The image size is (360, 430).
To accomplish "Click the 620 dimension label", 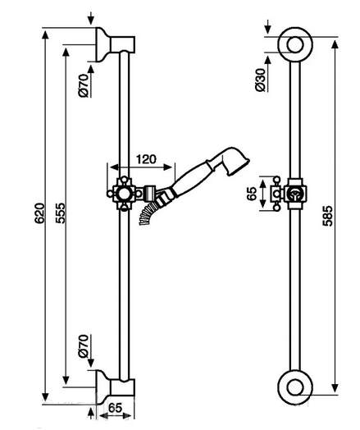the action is tap(39, 213).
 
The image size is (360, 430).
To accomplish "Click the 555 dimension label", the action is tap(61, 213).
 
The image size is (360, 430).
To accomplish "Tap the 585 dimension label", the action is tap(327, 216).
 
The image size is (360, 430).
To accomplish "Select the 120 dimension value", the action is tap(146, 159).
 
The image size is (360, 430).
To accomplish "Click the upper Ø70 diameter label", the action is tap(84, 85).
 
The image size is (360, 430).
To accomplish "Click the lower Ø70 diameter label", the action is tap(84, 346).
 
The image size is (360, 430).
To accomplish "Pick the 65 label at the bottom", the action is tap(115, 408).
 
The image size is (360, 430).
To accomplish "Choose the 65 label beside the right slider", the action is tap(252, 194).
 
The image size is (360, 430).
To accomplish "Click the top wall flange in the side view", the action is tap(115, 44).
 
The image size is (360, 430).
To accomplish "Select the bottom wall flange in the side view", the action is tap(115, 387).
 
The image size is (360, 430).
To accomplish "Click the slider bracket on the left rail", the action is tap(125, 194).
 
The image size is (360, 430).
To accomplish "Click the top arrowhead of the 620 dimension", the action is tap(45, 35).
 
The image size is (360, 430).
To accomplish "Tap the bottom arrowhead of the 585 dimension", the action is tap(335, 388).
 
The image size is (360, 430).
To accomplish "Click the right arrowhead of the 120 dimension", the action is tap(167, 167).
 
